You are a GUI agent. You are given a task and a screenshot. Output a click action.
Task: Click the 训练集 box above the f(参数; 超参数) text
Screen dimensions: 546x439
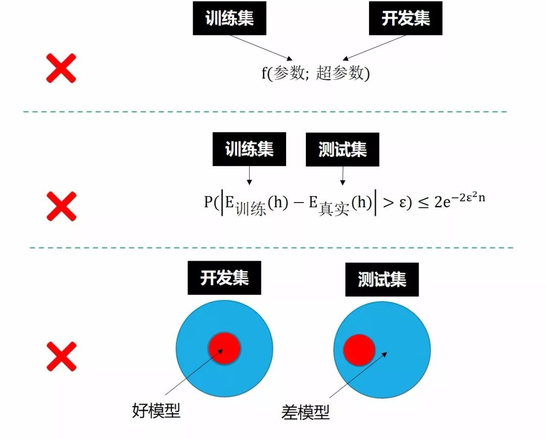click(x=230, y=18)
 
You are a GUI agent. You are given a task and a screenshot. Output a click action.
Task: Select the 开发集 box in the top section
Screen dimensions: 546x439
click(x=405, y=18)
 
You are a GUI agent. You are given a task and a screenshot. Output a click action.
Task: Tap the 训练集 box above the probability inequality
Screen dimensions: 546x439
click(x=249, y=149)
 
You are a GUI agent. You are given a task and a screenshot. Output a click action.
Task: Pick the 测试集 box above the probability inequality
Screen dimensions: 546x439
click(x=342, y=150)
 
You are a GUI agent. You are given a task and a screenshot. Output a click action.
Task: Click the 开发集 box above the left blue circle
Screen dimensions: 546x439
click(x=224, y=278)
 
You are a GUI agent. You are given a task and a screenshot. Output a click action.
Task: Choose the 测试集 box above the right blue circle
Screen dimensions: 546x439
click(x=382, y=279)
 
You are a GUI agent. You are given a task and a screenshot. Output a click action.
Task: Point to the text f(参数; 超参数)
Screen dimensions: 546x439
click(x=316, y=73)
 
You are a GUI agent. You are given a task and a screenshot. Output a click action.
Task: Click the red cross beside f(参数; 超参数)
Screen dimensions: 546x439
click(x=61, y=68)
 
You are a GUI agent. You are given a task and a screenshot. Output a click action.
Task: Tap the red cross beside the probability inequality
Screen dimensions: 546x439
click(x=61, y=206)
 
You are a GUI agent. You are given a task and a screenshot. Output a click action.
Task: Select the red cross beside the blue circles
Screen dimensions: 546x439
click(x=61, y=356)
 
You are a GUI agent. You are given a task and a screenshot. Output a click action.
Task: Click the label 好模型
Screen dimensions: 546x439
click(x=156, y=411)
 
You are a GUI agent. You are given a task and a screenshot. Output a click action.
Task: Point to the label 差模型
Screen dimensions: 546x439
click(x=305, y=413)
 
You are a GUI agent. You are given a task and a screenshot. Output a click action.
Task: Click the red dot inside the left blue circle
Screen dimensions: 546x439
click(x=224, y=348)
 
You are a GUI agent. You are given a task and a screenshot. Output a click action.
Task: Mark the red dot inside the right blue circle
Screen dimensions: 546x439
click(x=359, y=350)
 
